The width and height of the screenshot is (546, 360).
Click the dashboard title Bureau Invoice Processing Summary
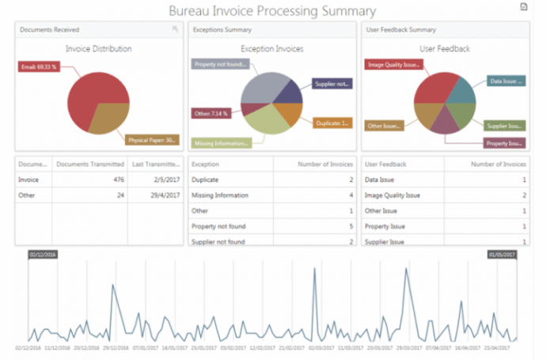pos(272,10)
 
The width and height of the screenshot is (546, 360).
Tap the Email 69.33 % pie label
pos(37,67)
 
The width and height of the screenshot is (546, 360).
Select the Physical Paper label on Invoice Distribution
pos(152,140)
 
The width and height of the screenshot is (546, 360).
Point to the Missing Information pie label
pos(221,143)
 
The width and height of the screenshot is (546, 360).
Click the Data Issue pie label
pos(504,81)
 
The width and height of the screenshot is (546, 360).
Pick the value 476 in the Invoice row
pos(118,180)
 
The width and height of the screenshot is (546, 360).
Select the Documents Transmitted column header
pos(89,165)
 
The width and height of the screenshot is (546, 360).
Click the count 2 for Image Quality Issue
pos(524,195)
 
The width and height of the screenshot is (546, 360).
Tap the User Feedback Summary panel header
pos(400,29)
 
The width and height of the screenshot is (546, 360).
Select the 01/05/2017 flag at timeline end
pos(502,256)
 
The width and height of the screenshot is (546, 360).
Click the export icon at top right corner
pos(522,7)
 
